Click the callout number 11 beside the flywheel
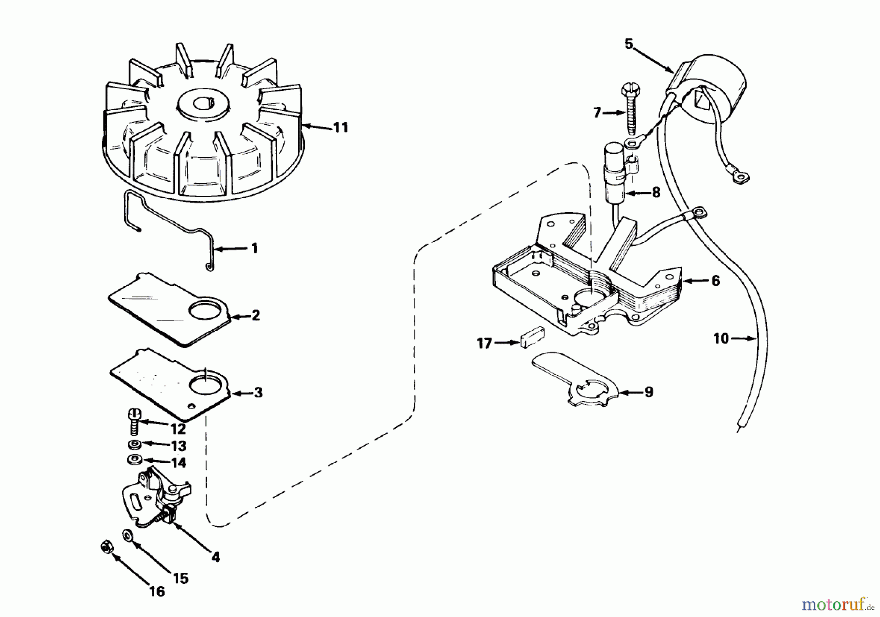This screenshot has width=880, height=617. (x=340, y=128)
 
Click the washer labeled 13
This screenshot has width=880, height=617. (x=133, y=444)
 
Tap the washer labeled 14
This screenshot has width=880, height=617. (x=133, y=460)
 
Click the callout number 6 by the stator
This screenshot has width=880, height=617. (x=716, y=281)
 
